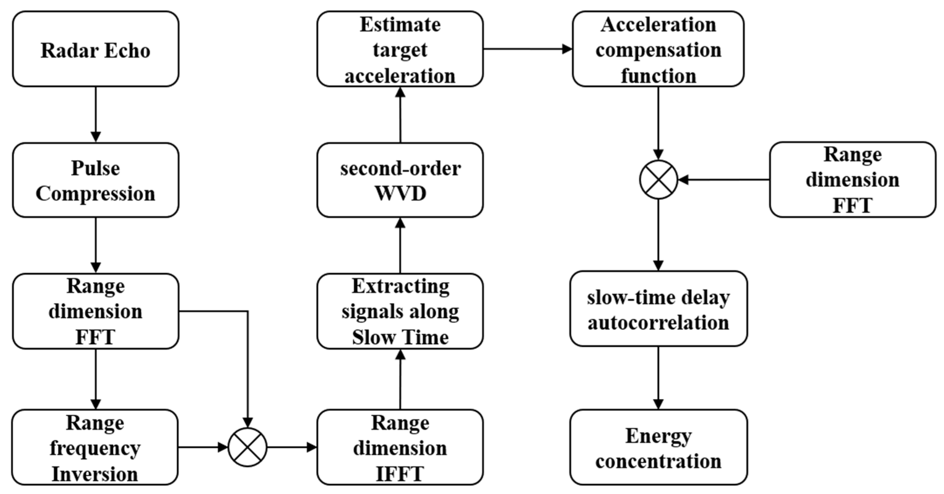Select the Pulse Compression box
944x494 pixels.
(96, 180)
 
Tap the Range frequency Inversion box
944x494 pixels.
(95, 447)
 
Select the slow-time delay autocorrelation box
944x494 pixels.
(658, 309)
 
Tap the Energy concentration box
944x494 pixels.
(658, 447)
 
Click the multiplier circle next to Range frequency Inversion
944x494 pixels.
(248, 447)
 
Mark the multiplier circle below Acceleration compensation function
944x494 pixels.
(659, 180)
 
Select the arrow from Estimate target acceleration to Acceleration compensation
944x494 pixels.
(528, 49)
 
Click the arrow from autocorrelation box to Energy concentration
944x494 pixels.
(659, 377)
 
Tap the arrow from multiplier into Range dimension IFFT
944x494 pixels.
(292, 447)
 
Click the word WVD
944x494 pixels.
(400, 193)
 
